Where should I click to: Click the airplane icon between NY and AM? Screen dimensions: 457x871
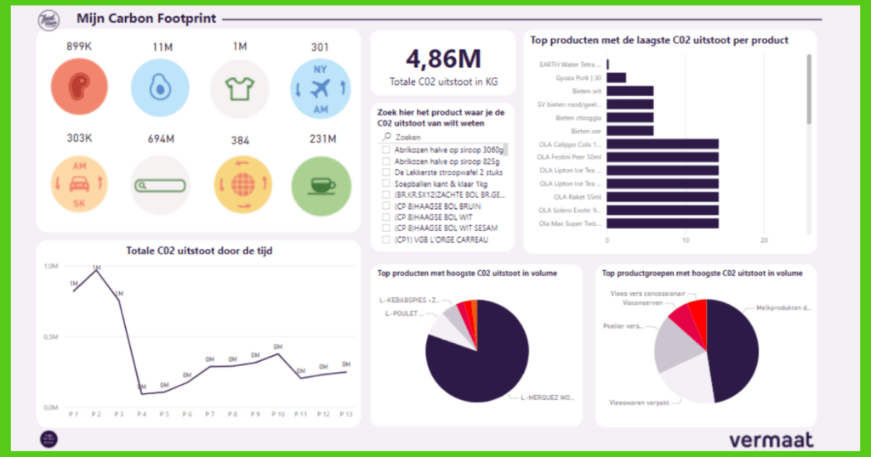(320, 88)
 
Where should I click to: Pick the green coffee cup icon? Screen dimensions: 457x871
(320, 183)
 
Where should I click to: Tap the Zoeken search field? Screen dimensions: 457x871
(442, 136)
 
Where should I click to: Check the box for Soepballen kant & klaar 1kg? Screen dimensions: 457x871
(386, 183)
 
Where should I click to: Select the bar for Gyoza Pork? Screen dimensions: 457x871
(617, 77)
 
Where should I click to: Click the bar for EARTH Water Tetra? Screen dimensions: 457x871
(608, 64)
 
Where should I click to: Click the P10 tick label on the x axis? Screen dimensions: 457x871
(277, 414)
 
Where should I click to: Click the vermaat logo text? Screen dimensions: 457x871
(771, 439)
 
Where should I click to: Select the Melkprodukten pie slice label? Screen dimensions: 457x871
(783, 308)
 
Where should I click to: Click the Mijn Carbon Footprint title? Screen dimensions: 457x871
(145, 18)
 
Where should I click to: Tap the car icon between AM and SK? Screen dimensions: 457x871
(77, 183)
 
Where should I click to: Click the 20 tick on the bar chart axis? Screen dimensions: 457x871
(764, 240)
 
